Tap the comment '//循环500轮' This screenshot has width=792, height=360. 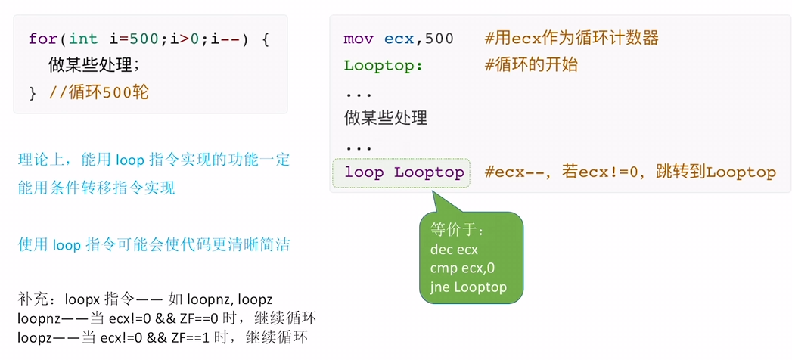point(100,93)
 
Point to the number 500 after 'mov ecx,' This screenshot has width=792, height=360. point(439,39)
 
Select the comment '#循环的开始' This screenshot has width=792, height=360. point(530,66)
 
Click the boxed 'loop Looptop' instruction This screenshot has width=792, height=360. point(404,172)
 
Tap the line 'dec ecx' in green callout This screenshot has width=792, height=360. point(454,250)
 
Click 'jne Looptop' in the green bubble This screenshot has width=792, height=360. point(468,287)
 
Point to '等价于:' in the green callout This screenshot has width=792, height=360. point(457,230)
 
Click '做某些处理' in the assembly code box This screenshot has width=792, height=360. point(386,119)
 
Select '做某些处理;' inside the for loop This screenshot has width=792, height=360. point(94,66)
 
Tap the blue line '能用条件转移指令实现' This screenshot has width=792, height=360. point(97,188)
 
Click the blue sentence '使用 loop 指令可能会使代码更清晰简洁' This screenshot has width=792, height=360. point(154,245)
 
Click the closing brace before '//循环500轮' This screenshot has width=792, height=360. point(34,93)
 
